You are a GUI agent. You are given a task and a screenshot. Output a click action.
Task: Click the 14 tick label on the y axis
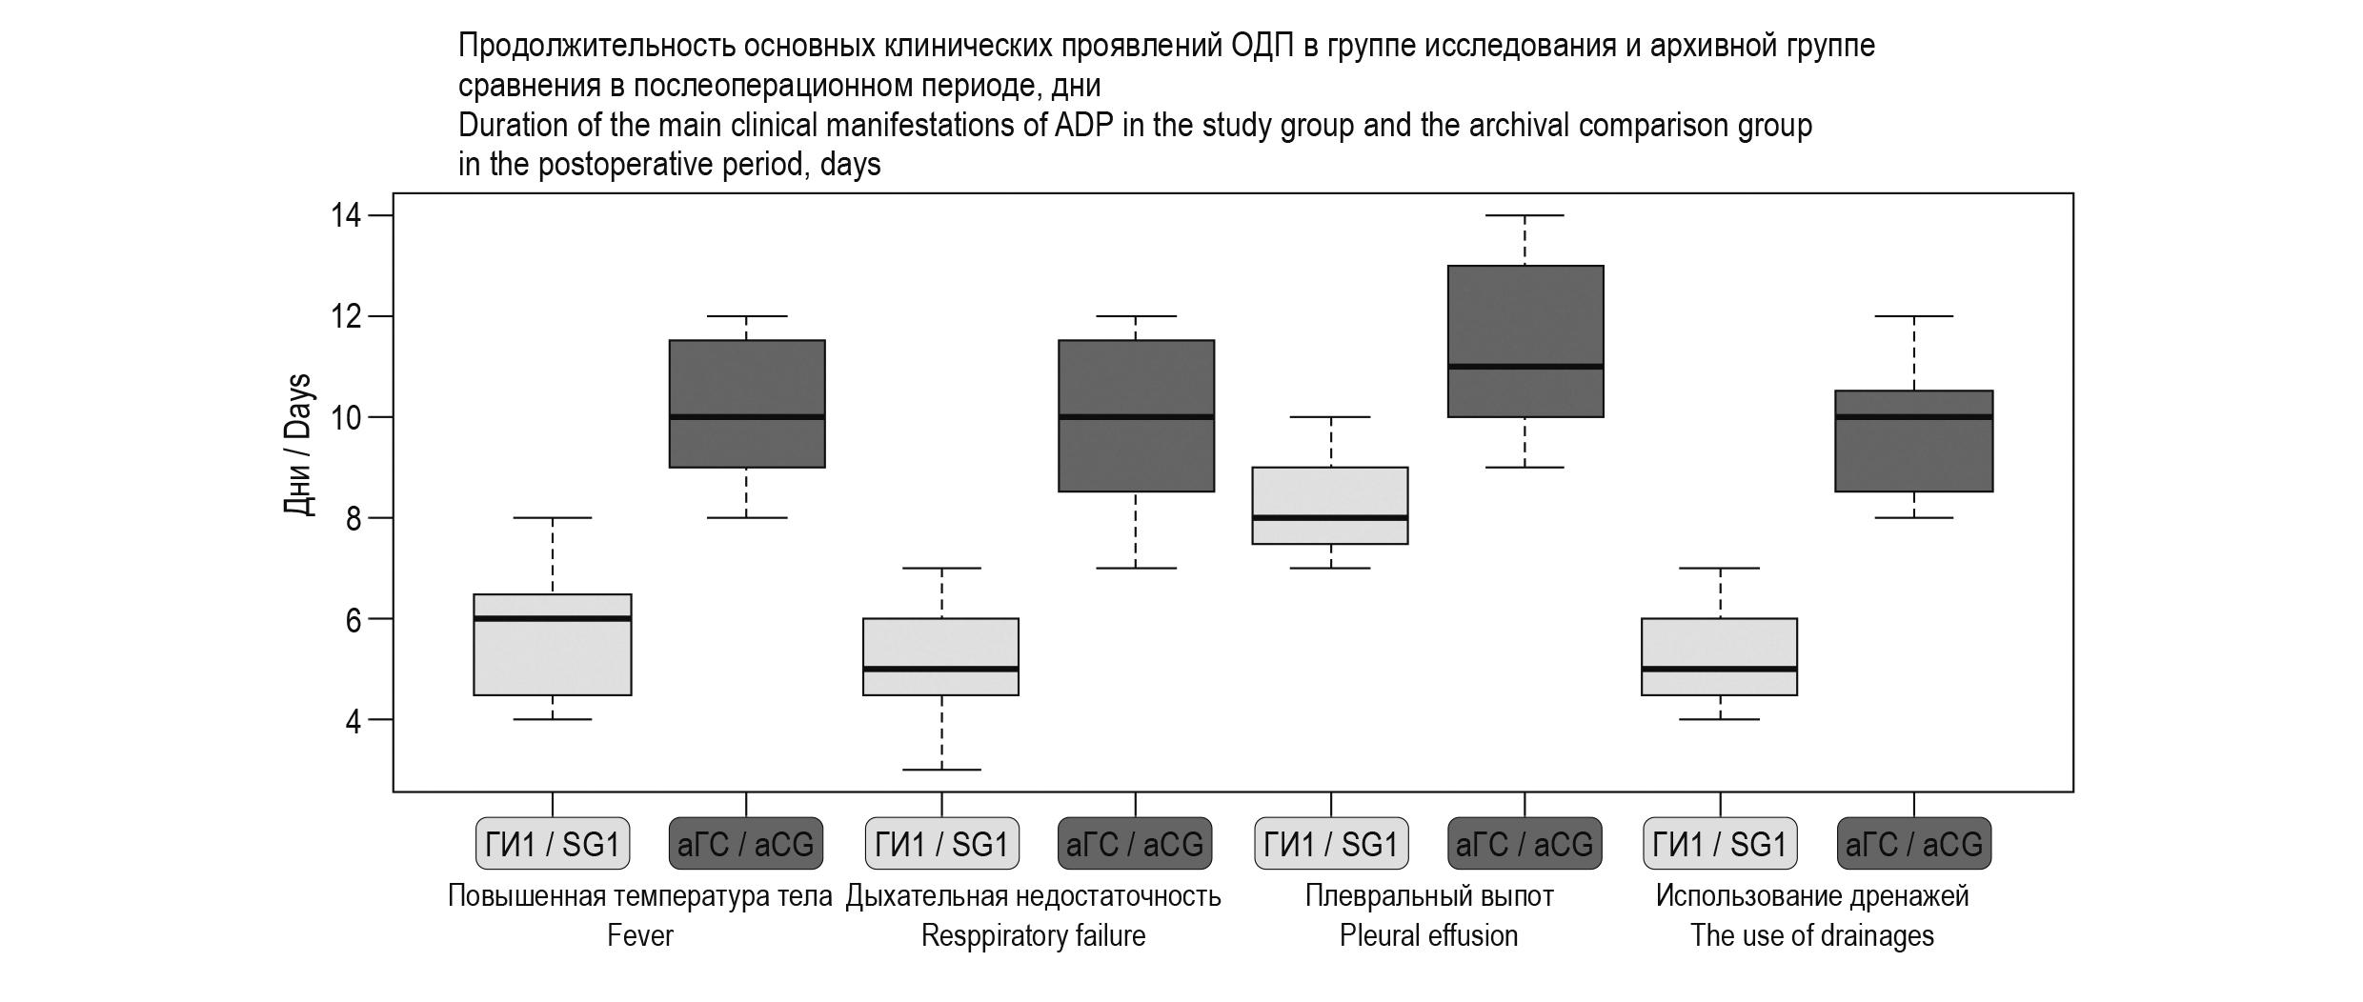[345, 216]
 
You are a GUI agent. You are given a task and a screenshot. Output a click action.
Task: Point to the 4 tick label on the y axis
[353, 720]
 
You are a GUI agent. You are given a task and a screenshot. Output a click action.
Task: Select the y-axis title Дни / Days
[298, 445]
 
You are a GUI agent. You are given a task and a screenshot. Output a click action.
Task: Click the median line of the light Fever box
[553, 618]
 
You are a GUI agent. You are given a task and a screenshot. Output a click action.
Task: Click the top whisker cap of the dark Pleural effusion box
[1525, 216]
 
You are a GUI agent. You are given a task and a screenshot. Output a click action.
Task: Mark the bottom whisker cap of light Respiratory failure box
[941, 770]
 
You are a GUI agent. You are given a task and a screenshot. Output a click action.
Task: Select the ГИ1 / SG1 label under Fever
[553, 844]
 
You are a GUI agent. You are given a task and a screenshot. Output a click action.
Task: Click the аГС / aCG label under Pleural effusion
[1525, 844]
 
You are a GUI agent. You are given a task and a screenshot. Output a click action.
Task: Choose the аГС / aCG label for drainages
[1914, 844]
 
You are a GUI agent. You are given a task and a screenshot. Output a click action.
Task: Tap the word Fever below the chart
[640, 936]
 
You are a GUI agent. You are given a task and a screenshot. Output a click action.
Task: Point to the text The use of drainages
[1812, 936]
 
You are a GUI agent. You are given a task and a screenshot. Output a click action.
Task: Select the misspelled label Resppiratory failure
[1033, 936]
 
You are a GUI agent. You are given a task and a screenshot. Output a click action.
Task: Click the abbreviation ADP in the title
[1084, 126]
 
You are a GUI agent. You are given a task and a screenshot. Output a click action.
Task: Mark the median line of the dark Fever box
[747, 416]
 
